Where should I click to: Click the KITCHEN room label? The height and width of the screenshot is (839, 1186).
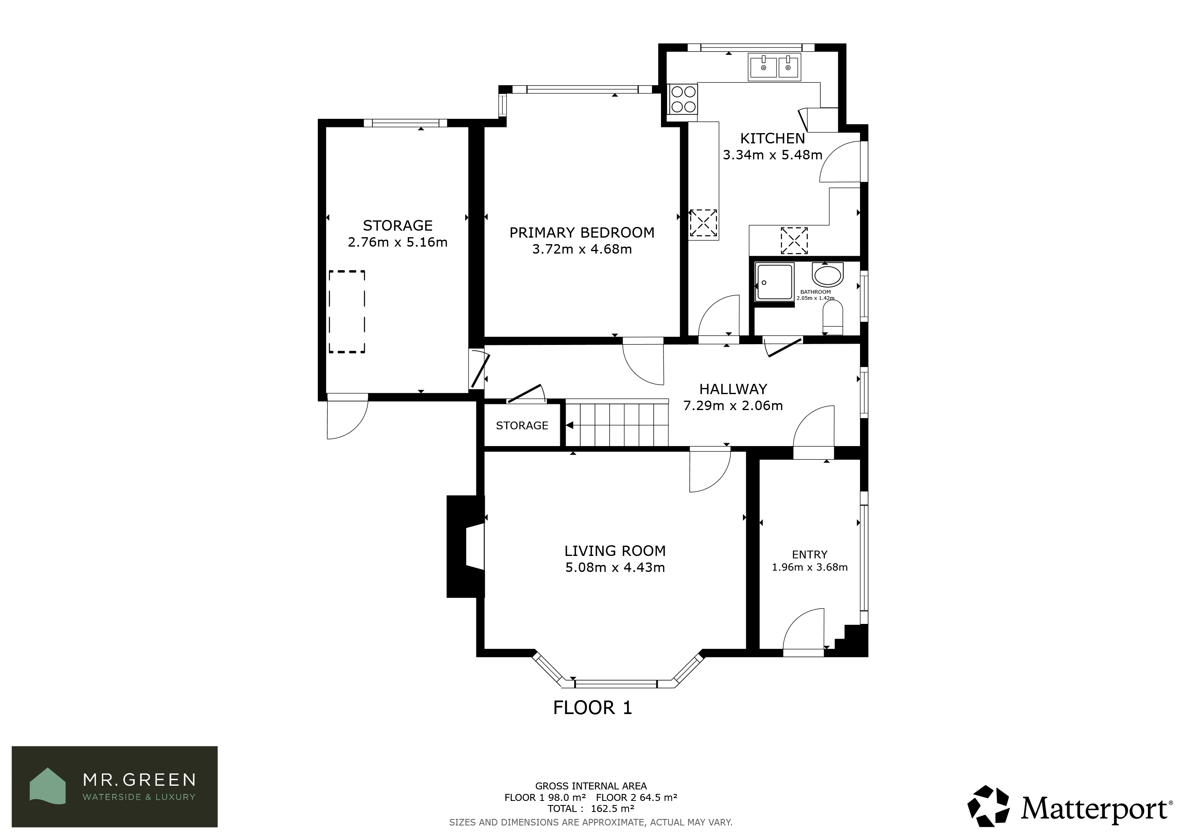pyautogui.click(x=772, y=138)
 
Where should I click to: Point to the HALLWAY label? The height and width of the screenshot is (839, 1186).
pyautogui.click(x=733, y=389)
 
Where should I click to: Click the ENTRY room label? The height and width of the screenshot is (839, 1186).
pyautogui.click(x=809, y=554)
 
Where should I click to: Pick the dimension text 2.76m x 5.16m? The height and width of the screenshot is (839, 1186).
pyautogui.click(x=397, y=242)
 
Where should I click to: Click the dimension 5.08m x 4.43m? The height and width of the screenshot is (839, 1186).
pyautogui.click(x=615, y=567)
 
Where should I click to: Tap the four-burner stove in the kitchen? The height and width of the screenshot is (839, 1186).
pyautogui.click(x=683, y=99)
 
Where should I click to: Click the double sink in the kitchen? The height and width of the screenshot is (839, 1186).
pyautogui.click(x=774, y=67)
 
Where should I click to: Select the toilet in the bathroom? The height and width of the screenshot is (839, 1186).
pyautogui.click(x=832, y=318)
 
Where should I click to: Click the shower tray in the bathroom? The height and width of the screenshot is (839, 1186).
pyautogui.click(x=774, y=282)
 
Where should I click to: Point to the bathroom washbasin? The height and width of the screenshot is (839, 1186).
pyautogui.click(x=828, y=274)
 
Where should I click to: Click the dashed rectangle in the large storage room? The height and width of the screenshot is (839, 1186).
pyautogui.click(x=347, y=311)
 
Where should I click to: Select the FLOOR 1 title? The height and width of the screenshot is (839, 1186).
pyautogui.click(x=593, y=708)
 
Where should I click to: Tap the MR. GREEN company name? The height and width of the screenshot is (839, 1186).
pyautogui.click(x=140, y=780)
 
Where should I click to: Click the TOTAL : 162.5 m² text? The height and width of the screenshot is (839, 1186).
pyautogui.click(x=591, y=809)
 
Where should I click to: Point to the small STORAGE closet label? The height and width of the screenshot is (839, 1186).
pyautogui.click(x=522, y=426)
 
